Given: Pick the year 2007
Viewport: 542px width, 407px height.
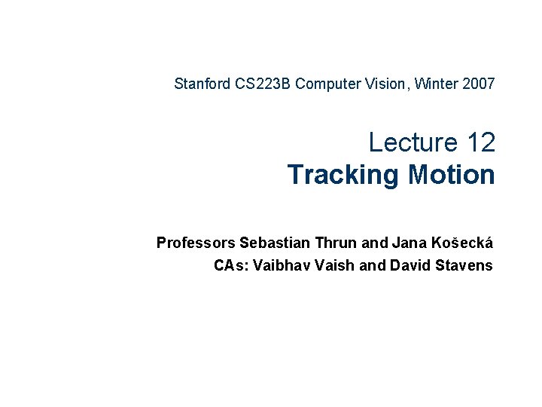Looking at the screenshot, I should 475,84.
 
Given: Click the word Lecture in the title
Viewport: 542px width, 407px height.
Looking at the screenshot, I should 413,142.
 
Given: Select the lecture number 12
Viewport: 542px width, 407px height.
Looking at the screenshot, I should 480,142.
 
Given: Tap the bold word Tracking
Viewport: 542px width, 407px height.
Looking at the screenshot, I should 343,174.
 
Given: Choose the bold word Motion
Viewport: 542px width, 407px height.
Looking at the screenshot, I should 452,174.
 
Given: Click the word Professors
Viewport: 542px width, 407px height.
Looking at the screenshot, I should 196,243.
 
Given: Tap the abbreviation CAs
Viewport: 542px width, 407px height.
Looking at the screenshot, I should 231,265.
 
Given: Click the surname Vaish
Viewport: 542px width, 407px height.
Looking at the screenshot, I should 338,265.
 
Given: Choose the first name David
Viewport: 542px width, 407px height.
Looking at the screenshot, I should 408,265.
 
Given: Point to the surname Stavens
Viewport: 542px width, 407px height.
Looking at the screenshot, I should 462,265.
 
